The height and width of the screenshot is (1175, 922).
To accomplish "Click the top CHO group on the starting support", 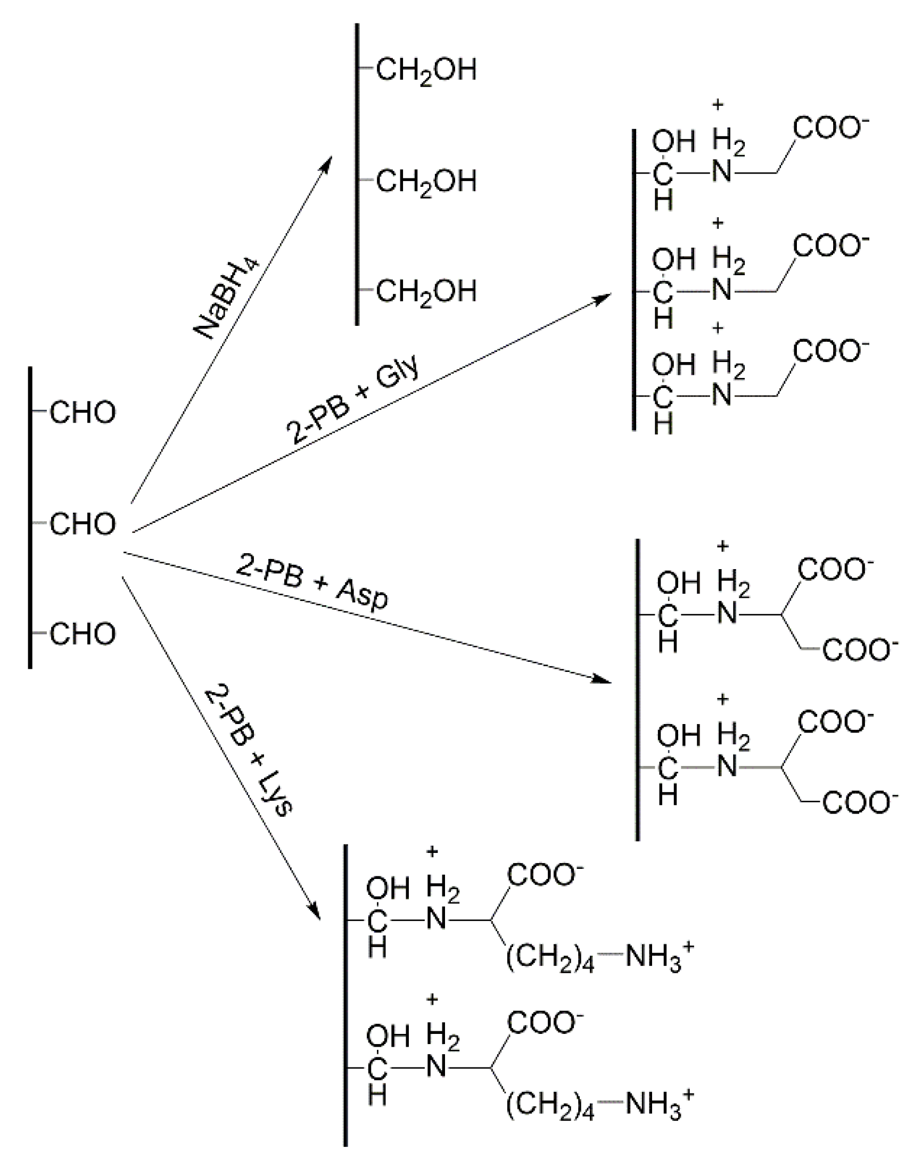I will coord(83,413).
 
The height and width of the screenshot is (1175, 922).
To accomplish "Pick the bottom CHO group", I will coord(83,634).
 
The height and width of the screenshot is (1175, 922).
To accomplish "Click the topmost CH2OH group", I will coord(426,71).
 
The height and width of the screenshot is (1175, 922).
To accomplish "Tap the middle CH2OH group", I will coord(426,182).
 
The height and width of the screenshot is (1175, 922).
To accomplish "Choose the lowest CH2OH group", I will coord(426,292).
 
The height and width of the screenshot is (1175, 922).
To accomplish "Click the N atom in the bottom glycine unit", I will coord(722,396).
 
